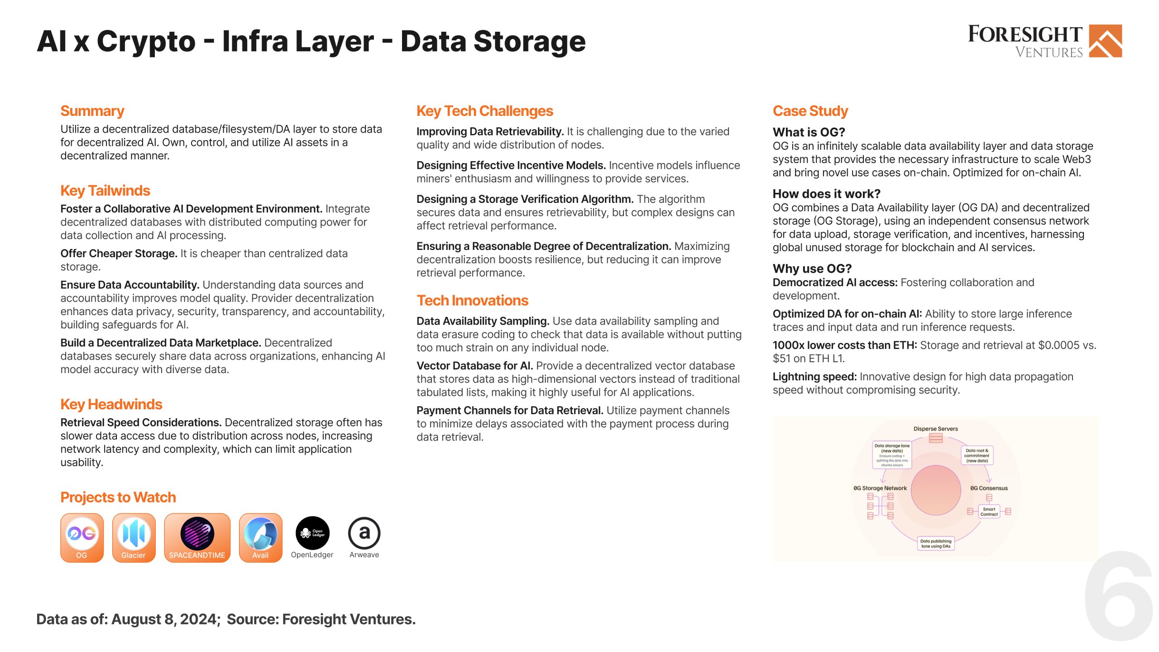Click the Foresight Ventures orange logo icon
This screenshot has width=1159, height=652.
coord(1105,41)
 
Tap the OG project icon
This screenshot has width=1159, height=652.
coord(82,537)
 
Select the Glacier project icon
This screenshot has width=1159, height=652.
coord(134,537)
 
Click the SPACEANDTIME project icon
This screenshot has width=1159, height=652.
coord(197,537)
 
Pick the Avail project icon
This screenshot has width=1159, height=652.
coord(260,537)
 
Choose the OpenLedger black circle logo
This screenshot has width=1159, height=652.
coord(312,533)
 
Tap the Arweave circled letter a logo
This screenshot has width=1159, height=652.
coord(364,533)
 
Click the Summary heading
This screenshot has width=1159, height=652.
coord(92,111)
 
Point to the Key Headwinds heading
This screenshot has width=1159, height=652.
coord(111,404)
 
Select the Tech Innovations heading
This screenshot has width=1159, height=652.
coord(472,301)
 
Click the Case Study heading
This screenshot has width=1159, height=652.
coord(810,111)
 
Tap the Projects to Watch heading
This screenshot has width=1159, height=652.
coord(118,497)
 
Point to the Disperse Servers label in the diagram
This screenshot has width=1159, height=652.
coord(935,429)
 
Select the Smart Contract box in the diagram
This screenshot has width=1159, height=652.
coord(989,512)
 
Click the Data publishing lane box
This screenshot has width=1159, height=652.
coord(936,543)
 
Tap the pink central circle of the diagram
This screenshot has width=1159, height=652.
coord(935,490)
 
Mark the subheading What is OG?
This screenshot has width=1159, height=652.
coord(809,132)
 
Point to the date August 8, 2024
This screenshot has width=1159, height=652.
coord(165,619)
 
